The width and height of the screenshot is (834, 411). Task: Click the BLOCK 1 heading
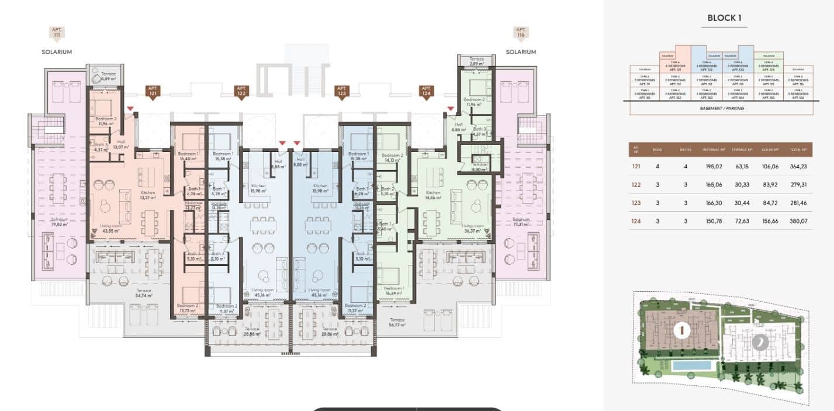click(724, 18)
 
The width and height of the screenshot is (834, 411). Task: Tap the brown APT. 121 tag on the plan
click(153, 91)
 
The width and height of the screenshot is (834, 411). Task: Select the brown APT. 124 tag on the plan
click(425, 91)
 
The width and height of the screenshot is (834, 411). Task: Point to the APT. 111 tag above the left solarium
click(57, 33)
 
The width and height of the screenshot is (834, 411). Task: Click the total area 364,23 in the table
click(795, 167)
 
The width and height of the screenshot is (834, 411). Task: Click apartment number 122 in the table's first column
click(636, 185)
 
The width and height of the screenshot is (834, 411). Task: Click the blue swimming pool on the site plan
click(692, 365)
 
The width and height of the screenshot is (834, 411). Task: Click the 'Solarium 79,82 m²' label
click(59, 222)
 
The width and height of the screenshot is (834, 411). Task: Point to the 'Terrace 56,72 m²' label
click(398, 323)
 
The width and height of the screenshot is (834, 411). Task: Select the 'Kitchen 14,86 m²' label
click(433, 195)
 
